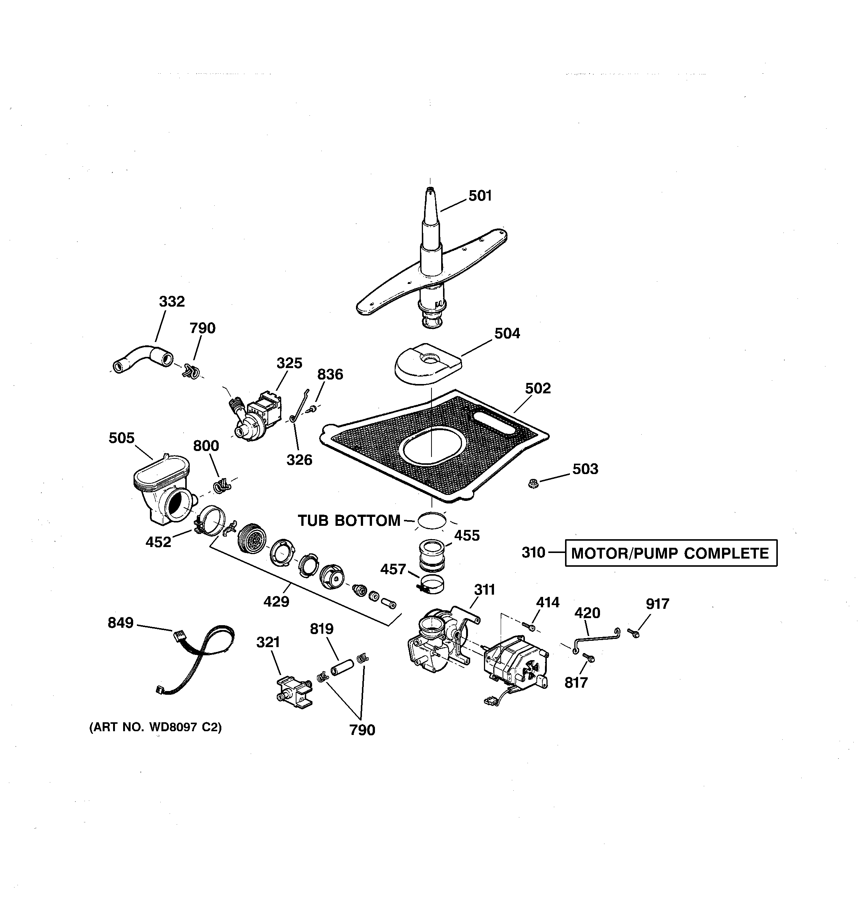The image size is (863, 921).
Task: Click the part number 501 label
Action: tap(480, 196)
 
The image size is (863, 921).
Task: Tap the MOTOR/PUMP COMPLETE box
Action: tap(671, 553)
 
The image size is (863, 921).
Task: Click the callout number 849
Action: tap(121, 623)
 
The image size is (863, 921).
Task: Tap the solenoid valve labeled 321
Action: tap(292, 692)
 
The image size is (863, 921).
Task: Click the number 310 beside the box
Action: tap(533, 553)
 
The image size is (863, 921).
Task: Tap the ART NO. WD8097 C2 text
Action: tap(155, 727)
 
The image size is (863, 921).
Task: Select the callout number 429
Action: tap(276, 602)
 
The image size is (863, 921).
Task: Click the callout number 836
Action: tap(330, 374)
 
